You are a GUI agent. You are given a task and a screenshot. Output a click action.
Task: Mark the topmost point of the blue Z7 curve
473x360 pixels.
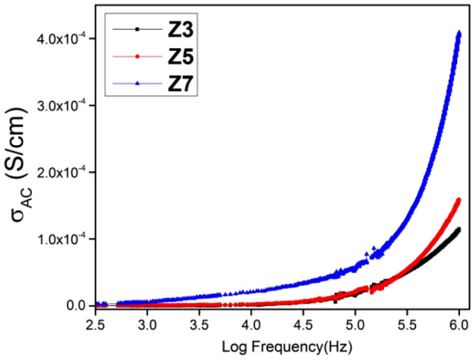point(458,33)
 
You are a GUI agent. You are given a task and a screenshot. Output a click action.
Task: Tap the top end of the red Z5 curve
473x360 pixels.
point(458,199)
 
